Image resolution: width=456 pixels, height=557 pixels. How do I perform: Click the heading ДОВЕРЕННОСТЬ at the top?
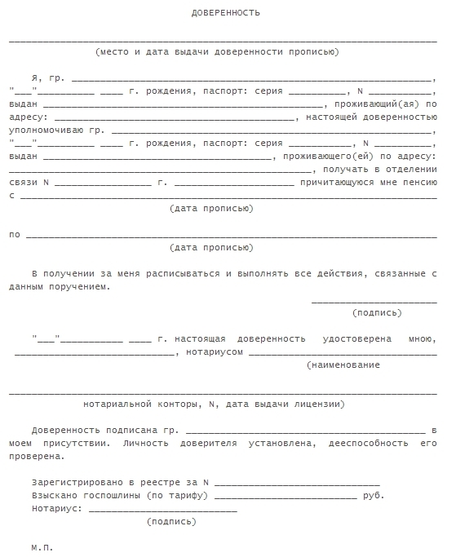pos(226,14)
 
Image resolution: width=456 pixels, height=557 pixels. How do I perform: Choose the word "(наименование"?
pos(343,365)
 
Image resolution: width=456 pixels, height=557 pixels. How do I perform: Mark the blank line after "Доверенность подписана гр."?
pos(305,431)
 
